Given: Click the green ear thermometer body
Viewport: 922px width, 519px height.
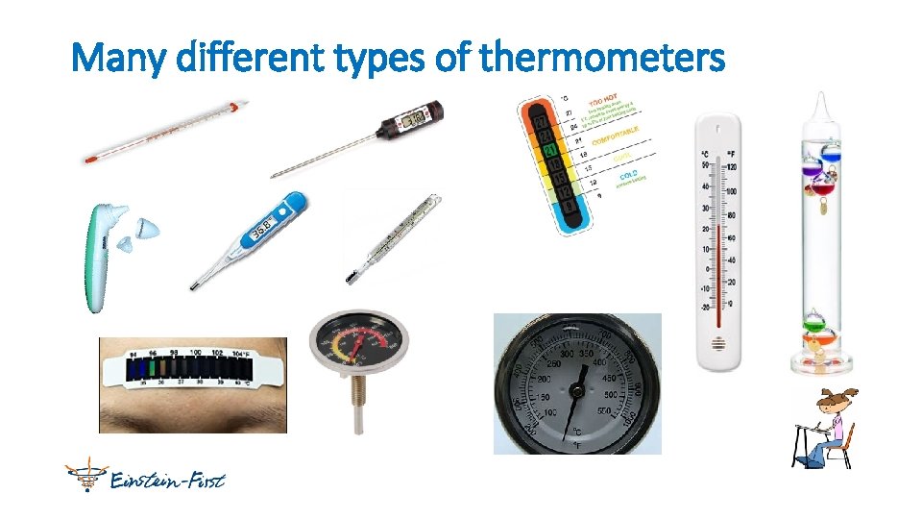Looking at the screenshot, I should coord(99,259).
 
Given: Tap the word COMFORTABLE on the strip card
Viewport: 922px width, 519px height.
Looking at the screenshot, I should coord(616,136).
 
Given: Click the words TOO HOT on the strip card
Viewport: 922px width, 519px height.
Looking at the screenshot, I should coord(603,99).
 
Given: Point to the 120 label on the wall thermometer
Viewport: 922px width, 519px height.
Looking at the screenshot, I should coord(733,164).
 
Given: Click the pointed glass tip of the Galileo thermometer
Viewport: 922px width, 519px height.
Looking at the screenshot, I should coord(818,98).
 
